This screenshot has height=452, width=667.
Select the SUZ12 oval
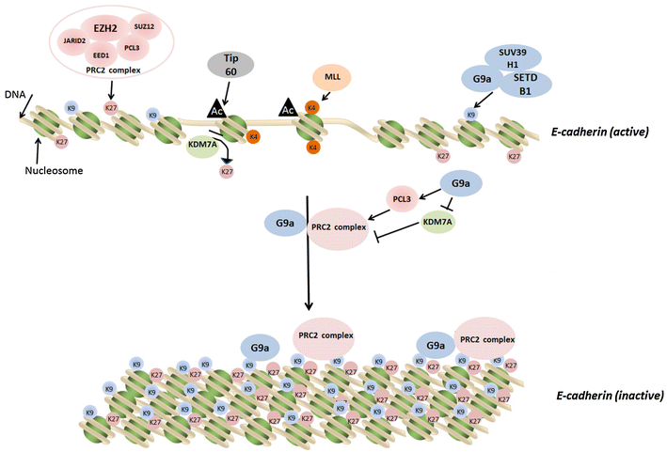pos(145,29)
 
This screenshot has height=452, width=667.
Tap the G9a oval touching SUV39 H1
pos(477,77)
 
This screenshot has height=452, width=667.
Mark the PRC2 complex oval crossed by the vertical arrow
pos(336,228)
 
